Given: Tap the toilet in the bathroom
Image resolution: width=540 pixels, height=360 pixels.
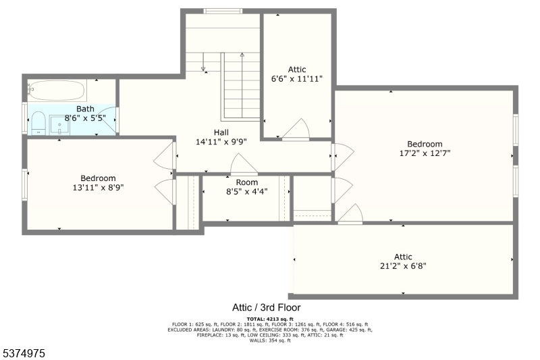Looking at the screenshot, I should [x=38, y=122].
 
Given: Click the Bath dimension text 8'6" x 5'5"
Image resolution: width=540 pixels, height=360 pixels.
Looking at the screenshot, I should [x=85, y=118].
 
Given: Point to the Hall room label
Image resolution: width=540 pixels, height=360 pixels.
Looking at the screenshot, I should [x=221, y=132].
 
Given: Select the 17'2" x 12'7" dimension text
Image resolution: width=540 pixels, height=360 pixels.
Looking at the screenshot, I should [x=425, y=153].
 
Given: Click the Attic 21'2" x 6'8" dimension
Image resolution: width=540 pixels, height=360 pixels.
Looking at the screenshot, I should [x=403, y=265].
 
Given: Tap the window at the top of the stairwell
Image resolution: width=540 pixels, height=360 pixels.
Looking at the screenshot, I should [x=223, y=11].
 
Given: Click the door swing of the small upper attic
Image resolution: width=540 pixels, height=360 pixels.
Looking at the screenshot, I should [x=296, y=130].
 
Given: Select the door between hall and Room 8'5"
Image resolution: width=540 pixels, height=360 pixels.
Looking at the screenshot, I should [x=243, y=166].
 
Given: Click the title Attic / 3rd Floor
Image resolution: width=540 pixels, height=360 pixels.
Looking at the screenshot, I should [x=268, y=307].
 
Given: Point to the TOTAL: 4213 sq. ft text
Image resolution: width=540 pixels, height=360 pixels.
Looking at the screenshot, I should [x=269, y=318].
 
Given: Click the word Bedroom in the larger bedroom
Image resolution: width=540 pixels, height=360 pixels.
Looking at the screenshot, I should [x=425, y=144].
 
